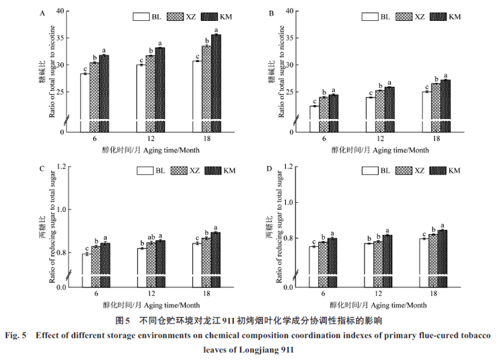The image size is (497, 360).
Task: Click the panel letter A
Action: [x=43, y=13]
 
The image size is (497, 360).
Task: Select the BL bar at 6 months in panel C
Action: [x=85, y=270]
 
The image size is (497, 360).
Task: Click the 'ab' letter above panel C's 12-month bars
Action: [x=151, y=237]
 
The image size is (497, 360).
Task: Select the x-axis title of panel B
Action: [x=379, y=150]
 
